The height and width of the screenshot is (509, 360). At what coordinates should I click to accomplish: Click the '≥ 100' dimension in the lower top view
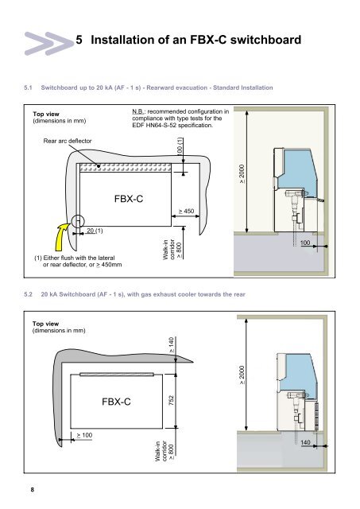[84, 435]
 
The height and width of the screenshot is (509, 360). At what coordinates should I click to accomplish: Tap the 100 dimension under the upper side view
[305, 242]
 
